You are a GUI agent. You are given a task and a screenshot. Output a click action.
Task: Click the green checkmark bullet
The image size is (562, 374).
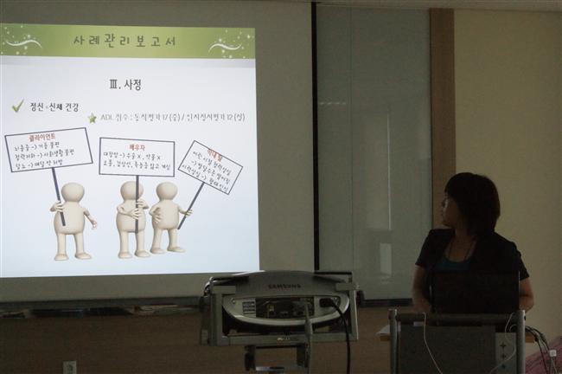(x=17, y=106)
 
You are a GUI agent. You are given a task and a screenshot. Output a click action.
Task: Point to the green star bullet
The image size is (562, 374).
(x=92, y=117)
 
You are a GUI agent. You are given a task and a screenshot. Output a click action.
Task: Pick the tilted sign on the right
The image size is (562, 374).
(x=209, y=167)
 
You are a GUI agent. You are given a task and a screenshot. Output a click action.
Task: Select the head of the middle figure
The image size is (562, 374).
(x=131, y=190)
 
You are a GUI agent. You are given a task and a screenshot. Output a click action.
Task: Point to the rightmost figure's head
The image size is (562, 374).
(x=166, y=191)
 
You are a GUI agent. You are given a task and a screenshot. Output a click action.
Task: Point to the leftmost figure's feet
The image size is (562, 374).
(x=72, y=255)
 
